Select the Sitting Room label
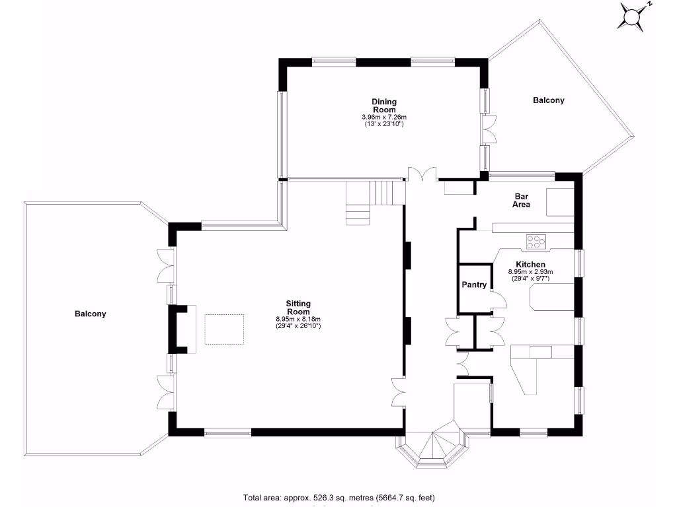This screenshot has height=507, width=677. pos(298,308)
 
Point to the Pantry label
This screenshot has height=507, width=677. pos(474,285)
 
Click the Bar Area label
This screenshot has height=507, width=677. pos(521,201)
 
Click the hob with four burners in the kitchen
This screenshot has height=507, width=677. pos(536,242)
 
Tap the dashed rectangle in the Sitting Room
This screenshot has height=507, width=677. pos(224,329)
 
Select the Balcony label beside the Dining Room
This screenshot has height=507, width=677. pos(549,100)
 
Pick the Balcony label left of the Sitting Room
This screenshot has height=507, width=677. pos(90,314)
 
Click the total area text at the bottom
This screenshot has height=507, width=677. pos(339,498)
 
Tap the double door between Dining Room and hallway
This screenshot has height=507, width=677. pos(421,174)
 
